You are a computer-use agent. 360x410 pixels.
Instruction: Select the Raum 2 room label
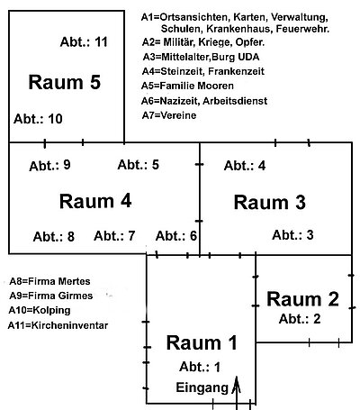pyautogui.click(x=303, y=299)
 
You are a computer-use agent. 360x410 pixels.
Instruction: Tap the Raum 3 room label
pyautogui.click(x=269, y=202)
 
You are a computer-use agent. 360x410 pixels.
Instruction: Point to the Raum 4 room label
pyautogui.click(x=95, y=199)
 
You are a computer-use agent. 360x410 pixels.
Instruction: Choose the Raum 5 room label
pyautogui.click(x=64, y=82)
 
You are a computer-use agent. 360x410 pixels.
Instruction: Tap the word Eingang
pyautogui.click(x=202, y=388)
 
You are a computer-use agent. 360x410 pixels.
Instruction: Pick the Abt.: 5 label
pyautogui.click(x=139, y=164)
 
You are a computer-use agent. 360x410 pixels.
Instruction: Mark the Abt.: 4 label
pyautogui.click(x=245, y=165)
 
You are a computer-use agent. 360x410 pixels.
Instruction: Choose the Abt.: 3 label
pyautogui.click(x=292, y=235)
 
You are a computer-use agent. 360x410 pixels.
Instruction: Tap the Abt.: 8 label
pyautogui.click(x=54, y=237)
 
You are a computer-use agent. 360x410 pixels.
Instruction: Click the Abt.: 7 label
pyautogui.click(x=114, y=236)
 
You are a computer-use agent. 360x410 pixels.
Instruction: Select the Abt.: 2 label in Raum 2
pyautogui.click(x=300, y=318)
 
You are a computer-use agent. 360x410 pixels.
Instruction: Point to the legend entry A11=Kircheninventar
pyautogui.click(x=58, y=323)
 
